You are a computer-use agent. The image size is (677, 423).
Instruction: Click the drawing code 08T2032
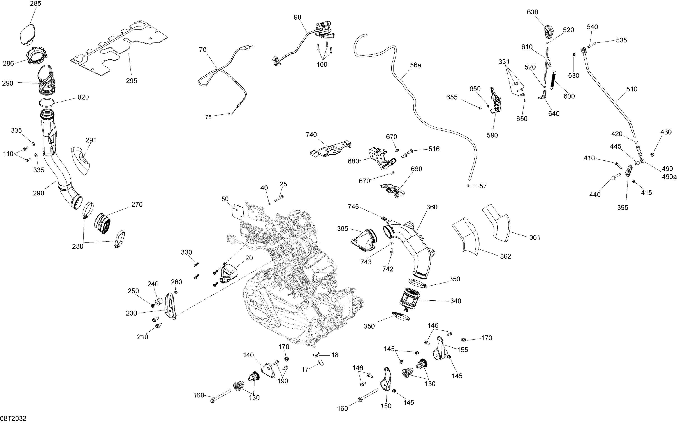coord(13,418)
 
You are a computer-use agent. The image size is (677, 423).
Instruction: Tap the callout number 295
coord(131,81)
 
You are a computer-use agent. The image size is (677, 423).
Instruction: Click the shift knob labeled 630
coord(548,33)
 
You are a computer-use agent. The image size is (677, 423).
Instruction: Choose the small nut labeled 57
coord(468,186)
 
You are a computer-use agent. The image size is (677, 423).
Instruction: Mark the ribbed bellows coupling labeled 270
coord(103,223)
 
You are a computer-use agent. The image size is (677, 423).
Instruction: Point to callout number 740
coord(311,135)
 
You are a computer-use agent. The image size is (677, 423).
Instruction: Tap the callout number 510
coord(631,89)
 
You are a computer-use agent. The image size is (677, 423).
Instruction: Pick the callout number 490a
coord(669,177)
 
